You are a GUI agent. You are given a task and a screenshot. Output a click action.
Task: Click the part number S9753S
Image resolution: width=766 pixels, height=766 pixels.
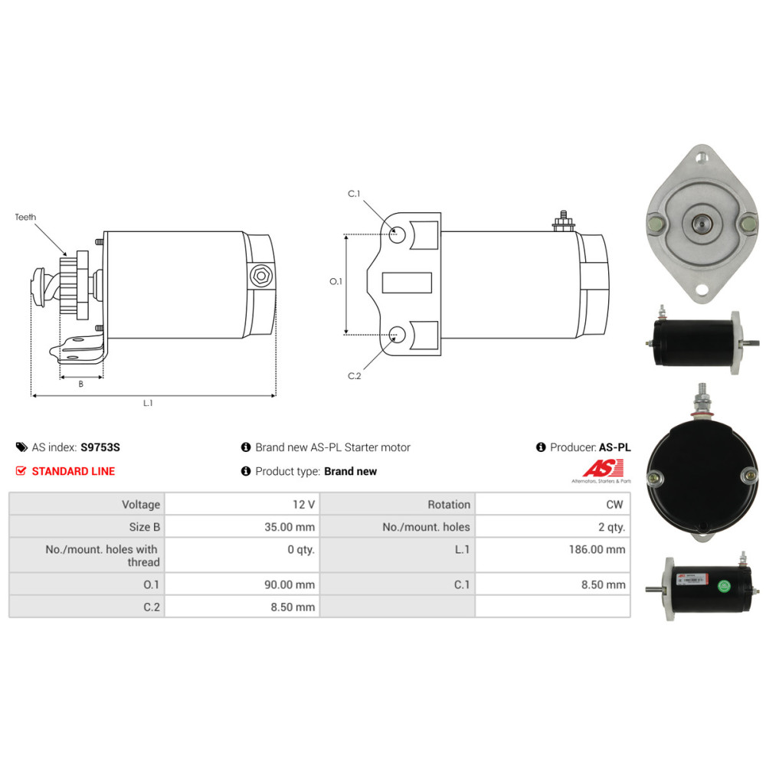100,447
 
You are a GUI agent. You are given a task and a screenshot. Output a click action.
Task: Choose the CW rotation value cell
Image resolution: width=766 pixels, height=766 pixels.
615,505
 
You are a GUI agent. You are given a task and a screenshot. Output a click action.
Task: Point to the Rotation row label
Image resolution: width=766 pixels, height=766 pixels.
449,505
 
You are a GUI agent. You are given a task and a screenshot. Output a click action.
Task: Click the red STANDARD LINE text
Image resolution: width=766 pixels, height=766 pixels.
74,471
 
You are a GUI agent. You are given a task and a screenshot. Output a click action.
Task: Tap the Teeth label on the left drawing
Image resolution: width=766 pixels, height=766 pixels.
25,218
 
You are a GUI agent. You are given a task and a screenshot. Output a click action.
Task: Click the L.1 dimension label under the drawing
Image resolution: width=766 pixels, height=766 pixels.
148,403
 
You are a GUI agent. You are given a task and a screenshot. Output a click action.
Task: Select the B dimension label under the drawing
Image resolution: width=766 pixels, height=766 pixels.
81,384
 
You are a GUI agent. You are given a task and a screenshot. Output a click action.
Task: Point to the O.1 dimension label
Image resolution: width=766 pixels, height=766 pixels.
336,282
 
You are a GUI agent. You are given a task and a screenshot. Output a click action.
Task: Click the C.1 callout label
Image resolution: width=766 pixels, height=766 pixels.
354,194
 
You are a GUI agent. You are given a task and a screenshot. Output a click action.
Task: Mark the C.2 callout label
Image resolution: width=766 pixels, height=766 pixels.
354,375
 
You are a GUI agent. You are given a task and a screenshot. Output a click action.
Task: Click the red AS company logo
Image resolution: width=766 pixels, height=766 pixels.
603,468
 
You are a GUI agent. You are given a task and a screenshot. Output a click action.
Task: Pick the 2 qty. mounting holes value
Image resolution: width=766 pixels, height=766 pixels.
611,527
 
